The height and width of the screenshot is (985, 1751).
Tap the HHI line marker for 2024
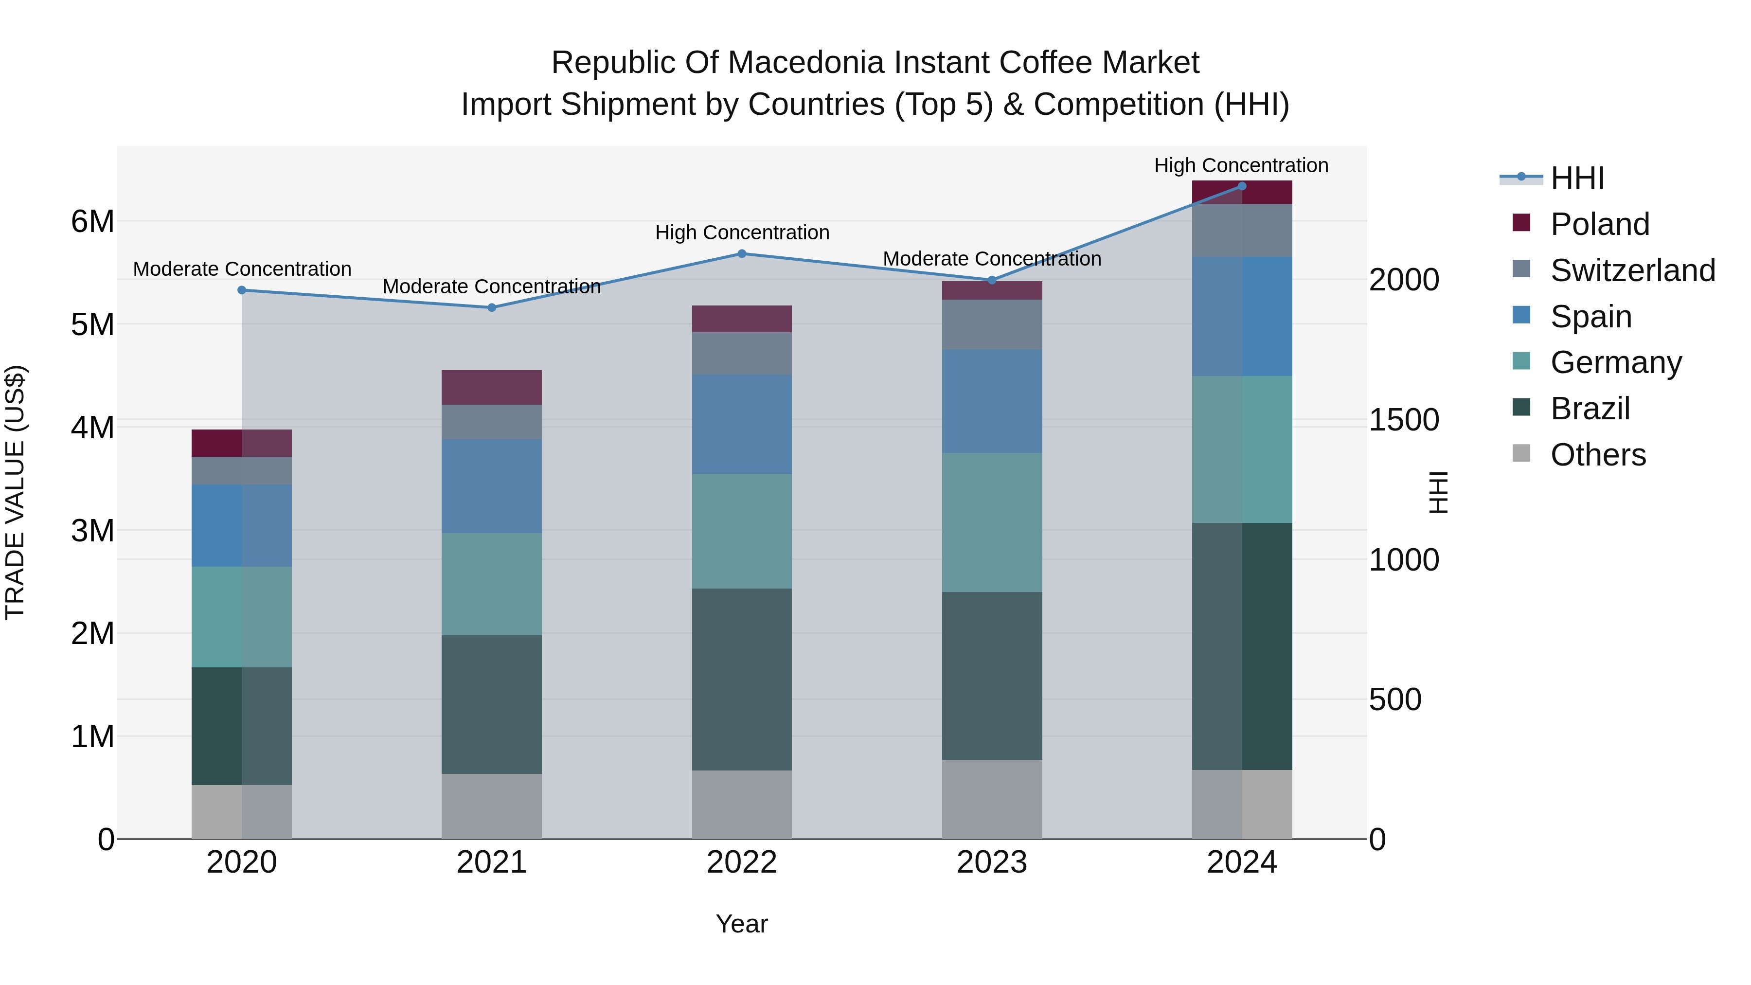[x=1242, y=186]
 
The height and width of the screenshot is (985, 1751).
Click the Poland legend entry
[x=1599, y=224]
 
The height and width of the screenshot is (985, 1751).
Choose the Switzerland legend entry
[x=1632, y=270]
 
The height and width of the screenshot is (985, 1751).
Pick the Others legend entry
[x=1597, y=455]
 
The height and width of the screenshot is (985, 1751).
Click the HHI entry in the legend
[x=1577, y=178]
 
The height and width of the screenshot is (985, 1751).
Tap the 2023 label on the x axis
[x=992, y=862]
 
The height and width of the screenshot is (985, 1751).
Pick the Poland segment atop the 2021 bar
[x=491, y=388]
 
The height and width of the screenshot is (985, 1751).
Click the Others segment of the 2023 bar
[x=992, y=799]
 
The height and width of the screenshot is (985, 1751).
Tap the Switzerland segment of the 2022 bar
[x=742, y=354]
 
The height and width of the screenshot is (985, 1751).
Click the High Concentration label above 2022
[x=742, y=233]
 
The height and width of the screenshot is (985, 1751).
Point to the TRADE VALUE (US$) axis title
[x=16, y=492]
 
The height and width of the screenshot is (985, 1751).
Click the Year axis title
[x=742, y=924]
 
